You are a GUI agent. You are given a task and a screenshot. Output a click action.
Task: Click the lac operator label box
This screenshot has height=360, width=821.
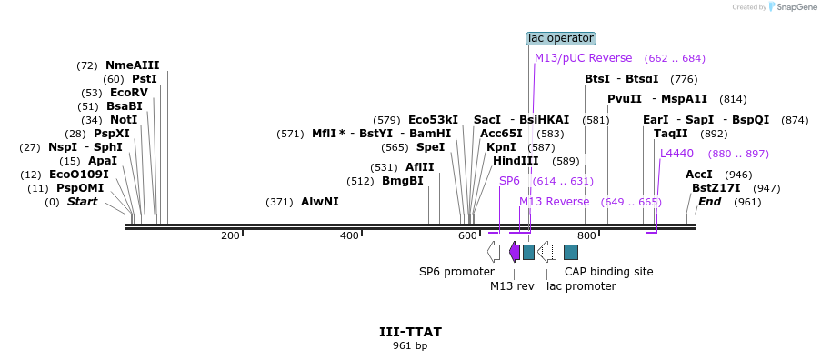coord(561,38)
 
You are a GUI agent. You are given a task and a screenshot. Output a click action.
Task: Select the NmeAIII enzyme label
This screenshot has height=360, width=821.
coord(133,65)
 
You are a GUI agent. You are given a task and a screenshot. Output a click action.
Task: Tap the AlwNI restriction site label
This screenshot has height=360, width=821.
coord(320,202)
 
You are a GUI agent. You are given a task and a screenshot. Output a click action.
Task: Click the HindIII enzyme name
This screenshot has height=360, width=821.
coord(516,161)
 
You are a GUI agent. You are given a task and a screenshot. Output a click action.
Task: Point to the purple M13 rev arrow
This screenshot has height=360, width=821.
coord(515,252)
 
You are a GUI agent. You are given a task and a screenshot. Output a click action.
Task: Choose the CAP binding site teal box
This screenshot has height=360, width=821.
coord(571,252)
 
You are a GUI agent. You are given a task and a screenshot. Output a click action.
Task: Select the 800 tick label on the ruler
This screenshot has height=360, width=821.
coord(587,236)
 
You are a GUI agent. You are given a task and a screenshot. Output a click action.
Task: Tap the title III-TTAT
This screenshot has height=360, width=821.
coord(411,332)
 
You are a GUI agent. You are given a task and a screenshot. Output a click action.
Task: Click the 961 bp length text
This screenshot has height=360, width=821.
coord(411,345)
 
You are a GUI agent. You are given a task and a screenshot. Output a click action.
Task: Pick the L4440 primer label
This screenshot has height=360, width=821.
coord(676,154)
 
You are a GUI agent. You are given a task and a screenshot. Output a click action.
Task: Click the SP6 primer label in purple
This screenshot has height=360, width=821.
coord(509,181)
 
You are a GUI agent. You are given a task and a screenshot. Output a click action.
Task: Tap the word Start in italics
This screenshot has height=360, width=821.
coord(82,202)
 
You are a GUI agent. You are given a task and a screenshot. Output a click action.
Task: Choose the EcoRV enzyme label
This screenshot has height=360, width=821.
coord(129,93)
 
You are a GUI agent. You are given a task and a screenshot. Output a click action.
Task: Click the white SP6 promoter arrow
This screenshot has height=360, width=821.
coord(493,252)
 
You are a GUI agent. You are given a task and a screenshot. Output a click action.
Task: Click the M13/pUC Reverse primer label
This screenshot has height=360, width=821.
coord(584,58)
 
